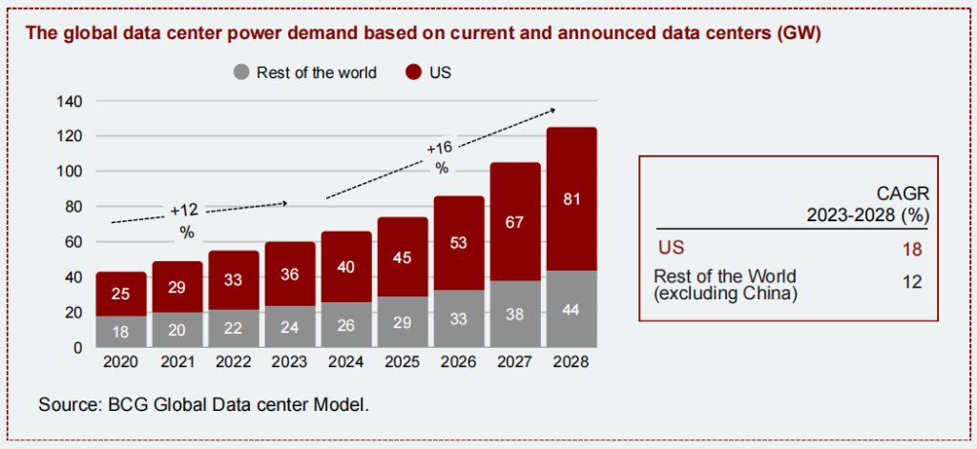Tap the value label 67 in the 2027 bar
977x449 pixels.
(515, 222)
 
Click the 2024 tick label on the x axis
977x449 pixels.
(345, 363)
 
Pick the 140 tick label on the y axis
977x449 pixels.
(72, 101)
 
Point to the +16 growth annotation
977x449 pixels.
(440, 149)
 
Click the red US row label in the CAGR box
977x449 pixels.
(671, 249)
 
